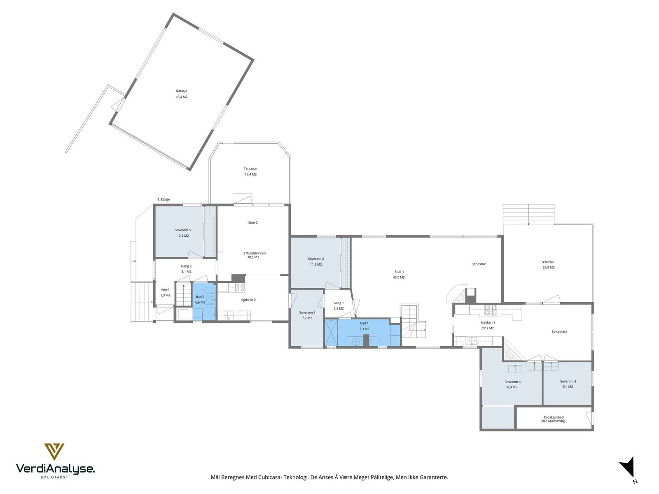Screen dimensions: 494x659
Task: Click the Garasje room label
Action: (x=181, y=91)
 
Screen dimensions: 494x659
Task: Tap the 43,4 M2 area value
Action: (x=181, y=97)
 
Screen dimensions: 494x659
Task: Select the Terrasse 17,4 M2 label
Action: (x=250, y=172)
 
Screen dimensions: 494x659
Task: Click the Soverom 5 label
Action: (x=182, y=230)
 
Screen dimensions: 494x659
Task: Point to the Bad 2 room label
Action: (x=200, y=297)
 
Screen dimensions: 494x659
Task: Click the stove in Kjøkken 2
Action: (x=240, y=288)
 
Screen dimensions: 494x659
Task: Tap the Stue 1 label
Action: (x=399, y=272)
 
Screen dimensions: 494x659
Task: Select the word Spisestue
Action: (x=479, y=264)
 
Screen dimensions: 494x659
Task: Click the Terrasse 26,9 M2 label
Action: (x=548, y=265)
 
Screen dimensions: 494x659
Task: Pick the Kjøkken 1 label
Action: (x=488, y=323)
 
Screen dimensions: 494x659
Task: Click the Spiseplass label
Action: (x=559, y=331)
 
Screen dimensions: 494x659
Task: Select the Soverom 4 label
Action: (x=512, y=382)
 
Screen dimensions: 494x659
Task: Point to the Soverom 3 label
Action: (x=568, y=382)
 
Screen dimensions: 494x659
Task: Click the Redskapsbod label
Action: (x=553, y=417)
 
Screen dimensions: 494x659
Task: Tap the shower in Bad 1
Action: (x=331, y=333)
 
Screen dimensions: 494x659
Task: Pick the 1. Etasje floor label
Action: (x=164, y=200)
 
